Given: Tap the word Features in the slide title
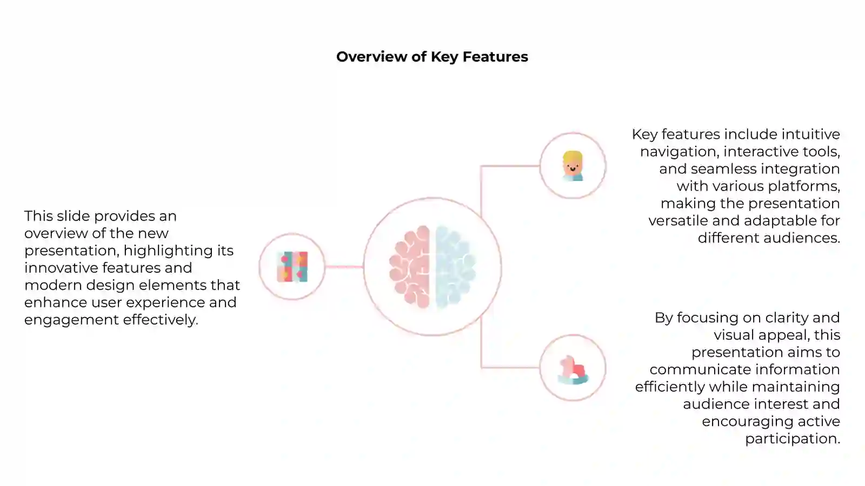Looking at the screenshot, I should tap(495, 57).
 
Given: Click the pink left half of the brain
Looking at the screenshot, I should tap(410, 267).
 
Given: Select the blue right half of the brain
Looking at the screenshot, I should tap(455, 267).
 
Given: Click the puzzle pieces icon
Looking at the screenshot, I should tap(292, 267).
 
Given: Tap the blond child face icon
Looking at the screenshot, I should tap(573, 166).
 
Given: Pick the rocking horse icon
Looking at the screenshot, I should tap(573, 369).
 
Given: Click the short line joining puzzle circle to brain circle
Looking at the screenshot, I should tap(344, 267).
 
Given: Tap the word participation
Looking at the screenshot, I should tap(792, 438).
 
